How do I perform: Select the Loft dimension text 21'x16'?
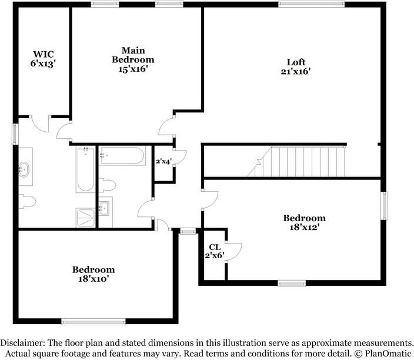point(296,72)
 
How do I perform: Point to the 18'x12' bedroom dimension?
point(304,226)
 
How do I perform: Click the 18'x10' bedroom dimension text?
point(94,279)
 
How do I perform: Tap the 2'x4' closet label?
point(163,161)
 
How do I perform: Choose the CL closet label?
point(213,248)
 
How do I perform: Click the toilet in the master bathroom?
point(26,200)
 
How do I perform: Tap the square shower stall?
point(85,218)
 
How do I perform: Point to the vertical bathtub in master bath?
point(85,170)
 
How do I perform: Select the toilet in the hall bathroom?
point(107,185)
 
